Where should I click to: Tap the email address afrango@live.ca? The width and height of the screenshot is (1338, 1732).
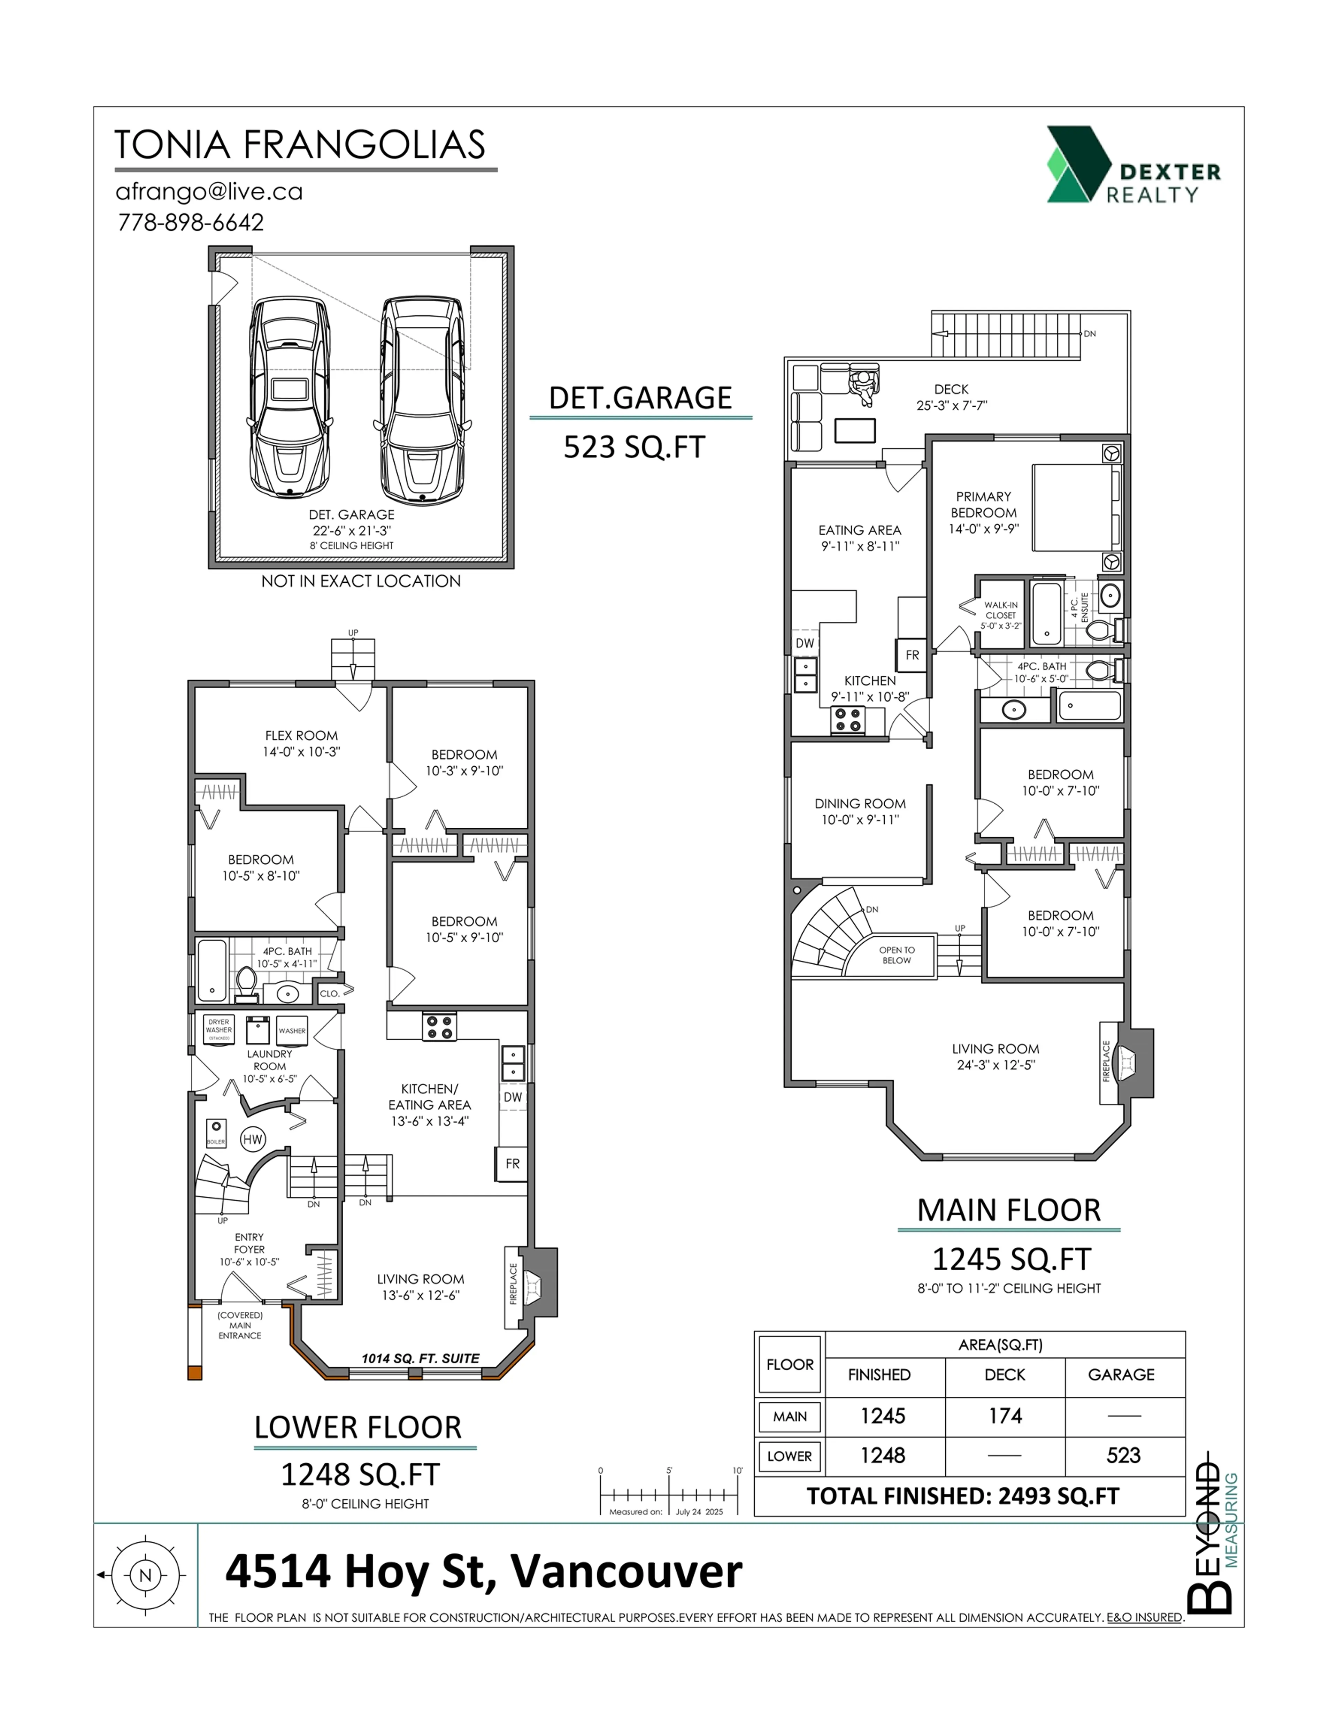click(209, 192)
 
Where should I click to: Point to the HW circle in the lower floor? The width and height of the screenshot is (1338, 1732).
click(252, 1140)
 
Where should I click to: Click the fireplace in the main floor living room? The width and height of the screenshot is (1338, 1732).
click(1126, 1062)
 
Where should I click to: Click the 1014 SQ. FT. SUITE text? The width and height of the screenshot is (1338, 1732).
click(420, 1358)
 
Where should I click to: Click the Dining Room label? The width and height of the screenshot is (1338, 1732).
click(860, 811)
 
